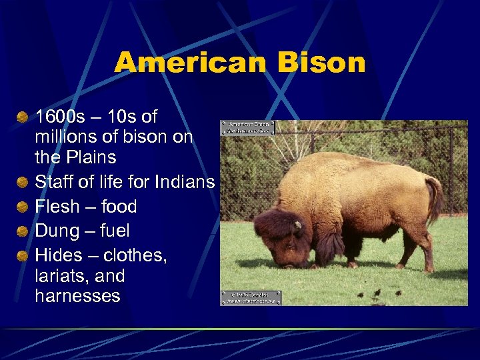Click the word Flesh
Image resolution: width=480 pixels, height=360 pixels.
coord(57,206)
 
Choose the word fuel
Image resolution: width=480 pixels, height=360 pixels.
coord(114,231)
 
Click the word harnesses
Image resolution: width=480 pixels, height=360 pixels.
coord(77,295)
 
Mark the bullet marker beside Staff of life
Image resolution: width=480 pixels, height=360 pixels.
coord(23,181)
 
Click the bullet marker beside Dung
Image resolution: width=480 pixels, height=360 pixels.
coord(23,231)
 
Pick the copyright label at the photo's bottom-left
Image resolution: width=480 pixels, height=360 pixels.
coord(251,298)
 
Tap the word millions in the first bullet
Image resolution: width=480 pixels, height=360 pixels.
coord(65,137)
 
